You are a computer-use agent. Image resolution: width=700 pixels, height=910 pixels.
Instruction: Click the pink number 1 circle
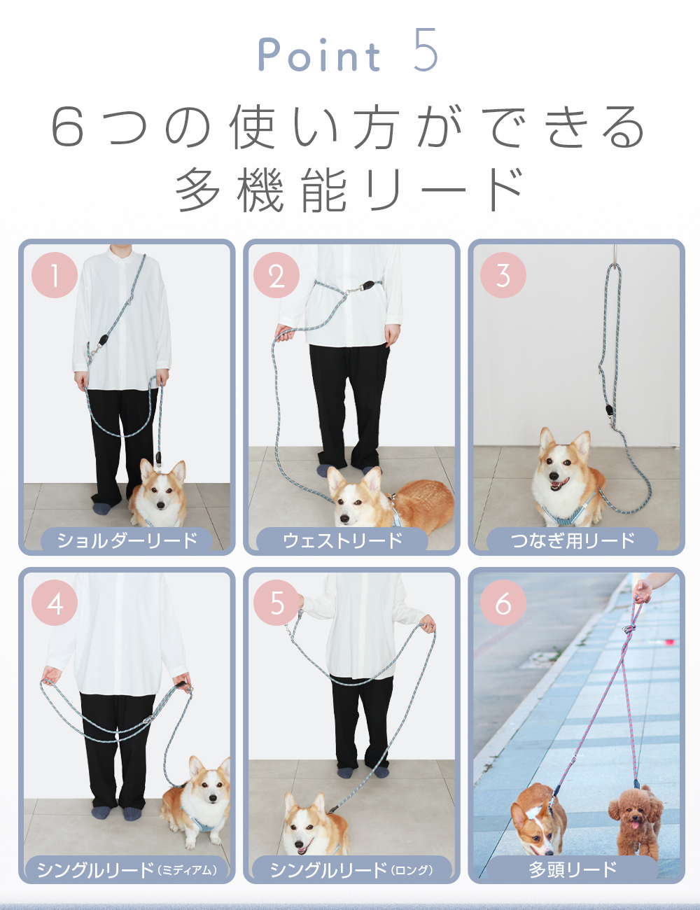tap(55, 275)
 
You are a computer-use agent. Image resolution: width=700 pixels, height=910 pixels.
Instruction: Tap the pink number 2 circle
tap(276, 275)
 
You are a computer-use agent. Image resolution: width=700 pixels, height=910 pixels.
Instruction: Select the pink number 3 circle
tap(503, 275)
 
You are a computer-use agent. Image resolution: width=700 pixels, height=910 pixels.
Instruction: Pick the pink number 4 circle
tap(55, 603)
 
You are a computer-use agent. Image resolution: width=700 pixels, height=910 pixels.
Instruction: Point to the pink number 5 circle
tap(276, 603)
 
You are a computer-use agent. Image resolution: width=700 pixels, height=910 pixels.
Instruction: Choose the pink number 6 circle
tap(503, 603)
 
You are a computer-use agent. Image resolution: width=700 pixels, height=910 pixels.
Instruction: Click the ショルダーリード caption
tap(127, 540)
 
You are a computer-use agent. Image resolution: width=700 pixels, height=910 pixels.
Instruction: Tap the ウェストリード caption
tap(342, 540)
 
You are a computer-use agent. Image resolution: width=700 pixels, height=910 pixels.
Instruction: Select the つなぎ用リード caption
tap(573, 540)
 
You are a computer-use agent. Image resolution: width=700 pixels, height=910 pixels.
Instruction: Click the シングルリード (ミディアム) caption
tap(127, 869)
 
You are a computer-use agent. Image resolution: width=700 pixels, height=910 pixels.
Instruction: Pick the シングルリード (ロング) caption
tap(351, 869)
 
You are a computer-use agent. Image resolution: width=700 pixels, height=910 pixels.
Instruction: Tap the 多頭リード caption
tap(573, 869)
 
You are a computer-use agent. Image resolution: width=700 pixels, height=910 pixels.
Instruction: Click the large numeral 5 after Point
tap(426, 50)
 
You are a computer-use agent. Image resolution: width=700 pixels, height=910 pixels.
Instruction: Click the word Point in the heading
tap(319, 55)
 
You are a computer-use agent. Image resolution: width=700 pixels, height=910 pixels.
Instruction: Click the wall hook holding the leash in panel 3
tap(615, 256)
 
